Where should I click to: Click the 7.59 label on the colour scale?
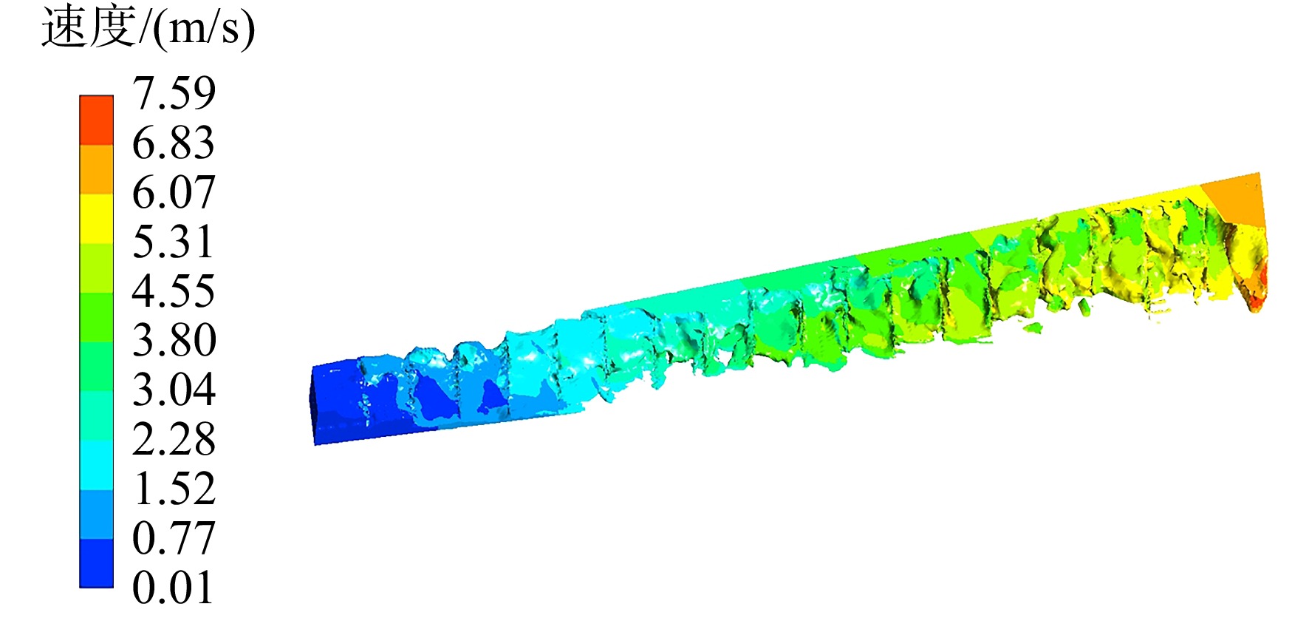pos(174,93)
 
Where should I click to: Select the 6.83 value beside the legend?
pos(174,143)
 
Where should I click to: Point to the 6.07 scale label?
pos(174,192)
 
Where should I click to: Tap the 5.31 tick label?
pos(174,242)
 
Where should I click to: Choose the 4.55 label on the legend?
pos(174,291)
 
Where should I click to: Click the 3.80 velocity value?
pos(174,340)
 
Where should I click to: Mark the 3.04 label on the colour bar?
pos(174,390)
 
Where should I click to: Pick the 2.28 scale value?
pos(174,439)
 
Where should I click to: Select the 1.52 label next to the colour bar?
pos(174,489)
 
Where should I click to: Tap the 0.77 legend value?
pos(174,537)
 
